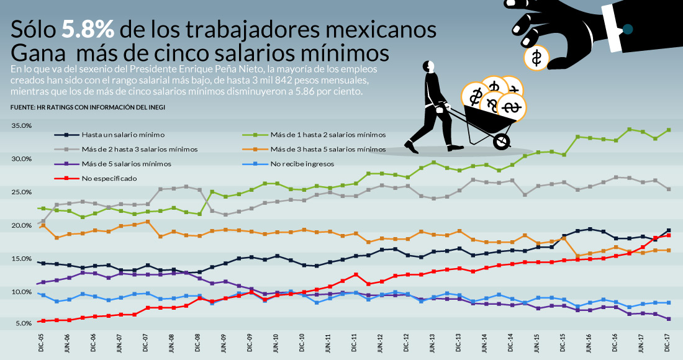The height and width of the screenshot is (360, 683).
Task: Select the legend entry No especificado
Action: [109, 178]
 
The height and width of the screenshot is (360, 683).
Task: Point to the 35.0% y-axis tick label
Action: [21, 126]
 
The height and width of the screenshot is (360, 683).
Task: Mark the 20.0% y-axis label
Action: [21, 225]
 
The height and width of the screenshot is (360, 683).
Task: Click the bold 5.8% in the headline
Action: [88, 29]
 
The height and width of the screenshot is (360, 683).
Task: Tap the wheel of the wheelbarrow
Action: [501, 142]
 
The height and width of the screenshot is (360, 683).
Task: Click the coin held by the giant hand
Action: [536, 58]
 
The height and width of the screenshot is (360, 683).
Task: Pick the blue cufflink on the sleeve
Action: [627, 29]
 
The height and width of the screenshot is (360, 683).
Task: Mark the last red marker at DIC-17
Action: [669, 235]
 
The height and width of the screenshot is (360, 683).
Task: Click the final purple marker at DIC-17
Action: [669, 319]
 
